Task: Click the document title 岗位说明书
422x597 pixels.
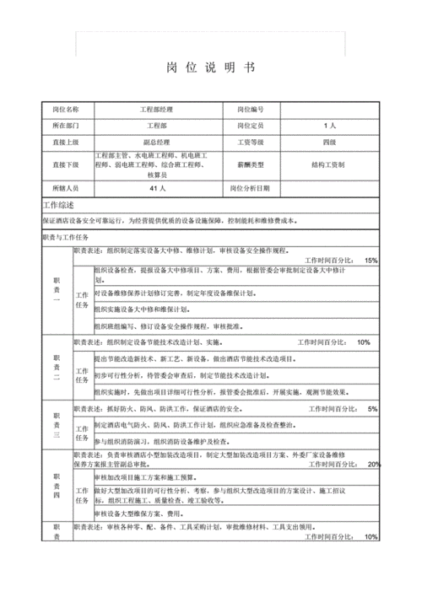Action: pyautogui.click(x=206, y=67)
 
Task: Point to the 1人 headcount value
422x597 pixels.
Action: pyautogui.click(x=329, y=126)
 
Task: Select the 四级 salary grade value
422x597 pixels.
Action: pyautogui.click(x=329, y=142)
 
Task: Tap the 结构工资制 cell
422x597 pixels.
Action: pyautogui.click(x=329, y=164)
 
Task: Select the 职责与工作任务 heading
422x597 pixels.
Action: pyautogui.click(x=65, y=238)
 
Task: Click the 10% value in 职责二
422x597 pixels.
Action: pyautogui.click(x=364, y=342)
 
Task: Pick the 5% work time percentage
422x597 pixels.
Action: pyautogui.click(x=372, y=409)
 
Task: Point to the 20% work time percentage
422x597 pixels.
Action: pyautogui.click(x=374, y=465)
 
